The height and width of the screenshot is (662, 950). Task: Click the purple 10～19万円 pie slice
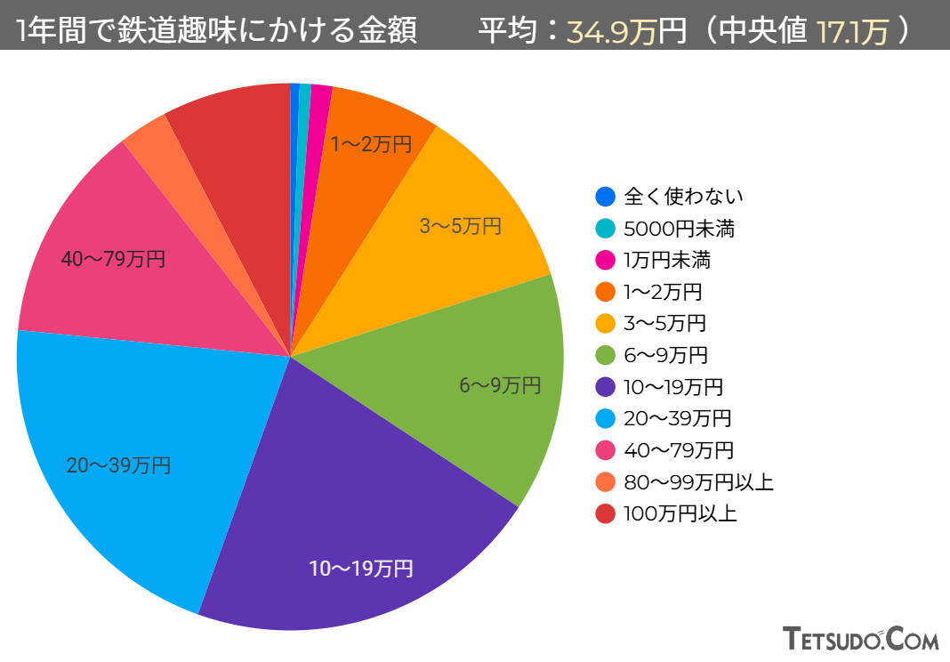[x=356, y=498]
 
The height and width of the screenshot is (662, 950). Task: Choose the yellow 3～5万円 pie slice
[x=463, y=222]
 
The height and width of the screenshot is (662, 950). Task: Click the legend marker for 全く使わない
[x=605, y=197]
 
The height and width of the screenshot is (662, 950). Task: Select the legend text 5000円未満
[x=679, y=229]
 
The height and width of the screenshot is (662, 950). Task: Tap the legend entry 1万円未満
[x=667, y=260]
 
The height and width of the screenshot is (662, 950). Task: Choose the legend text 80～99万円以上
[x=698, y=481]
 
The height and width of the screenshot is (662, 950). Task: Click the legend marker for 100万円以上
[x=605, y=513]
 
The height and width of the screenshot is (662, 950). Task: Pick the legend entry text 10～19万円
[x=673, y=387]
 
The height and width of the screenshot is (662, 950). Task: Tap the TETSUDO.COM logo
[x=861, y=638]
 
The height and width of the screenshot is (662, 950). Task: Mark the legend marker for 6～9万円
[x=605, y=355]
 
